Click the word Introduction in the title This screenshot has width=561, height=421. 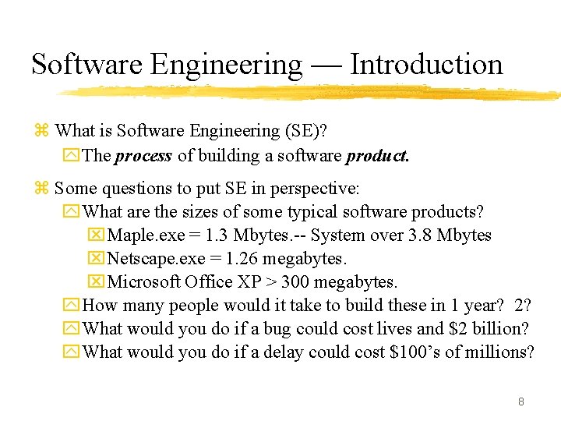point(426,65)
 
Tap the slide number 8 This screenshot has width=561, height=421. point(520,402)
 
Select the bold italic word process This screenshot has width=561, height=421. point(143,156)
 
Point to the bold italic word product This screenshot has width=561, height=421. point(377,156)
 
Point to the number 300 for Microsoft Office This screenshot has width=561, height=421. point(295,281)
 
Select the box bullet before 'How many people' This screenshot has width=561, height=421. point(71,306)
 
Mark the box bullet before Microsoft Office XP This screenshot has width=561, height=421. point(94,282)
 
